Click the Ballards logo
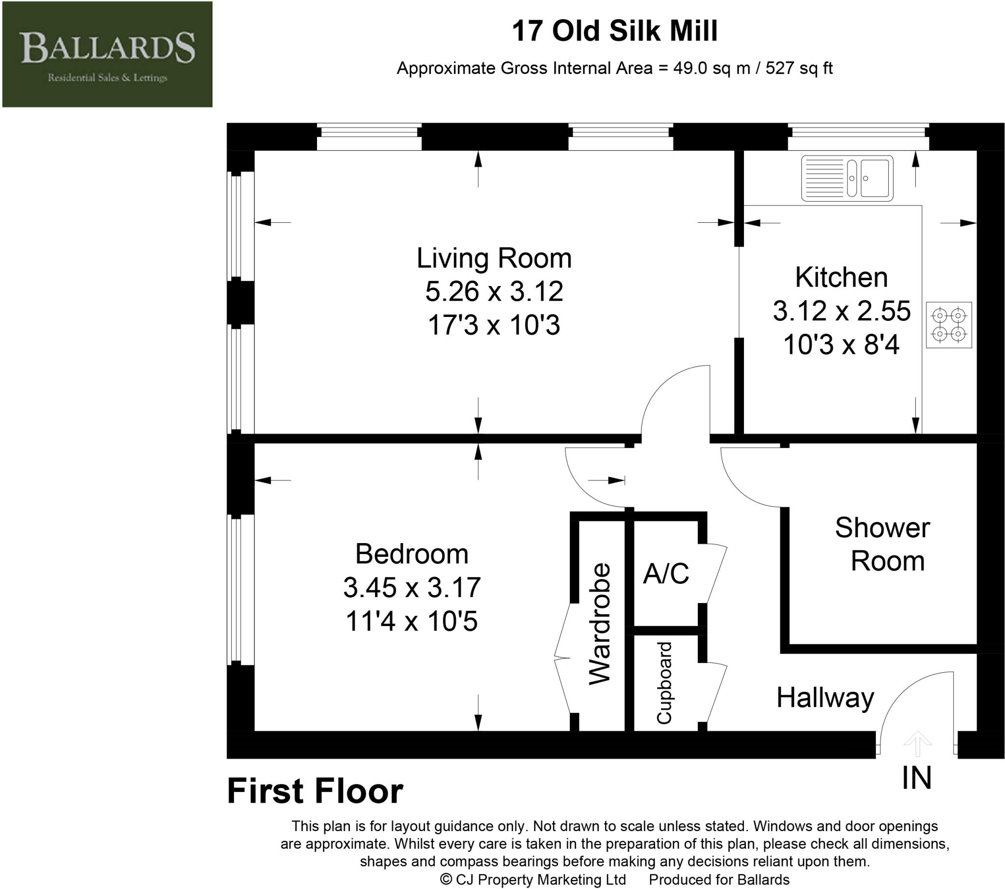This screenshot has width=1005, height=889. [x=107, y=54]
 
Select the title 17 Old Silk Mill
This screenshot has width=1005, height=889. [x=614, y=31]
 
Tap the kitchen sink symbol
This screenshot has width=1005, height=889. [x=847, y=178]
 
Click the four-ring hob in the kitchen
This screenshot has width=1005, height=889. [x=949, y=325]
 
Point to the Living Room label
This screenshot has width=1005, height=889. [x=494, y=258]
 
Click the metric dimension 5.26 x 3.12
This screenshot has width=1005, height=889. [x=494, y=291]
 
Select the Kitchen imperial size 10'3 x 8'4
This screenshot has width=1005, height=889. [x=841, y=344]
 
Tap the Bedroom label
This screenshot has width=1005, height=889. [x=412, y=554]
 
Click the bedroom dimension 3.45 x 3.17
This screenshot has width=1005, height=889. [x=412, y=588]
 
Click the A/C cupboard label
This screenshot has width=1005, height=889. [x=666, y=574]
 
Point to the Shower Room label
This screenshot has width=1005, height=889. [x=883, y=544]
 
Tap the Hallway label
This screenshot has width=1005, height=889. [x=825, y=698]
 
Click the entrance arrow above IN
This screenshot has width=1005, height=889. [x=918, y=743]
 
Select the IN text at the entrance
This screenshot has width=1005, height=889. [x=917, y=779]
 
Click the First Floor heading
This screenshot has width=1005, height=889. [x=315, y=791]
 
